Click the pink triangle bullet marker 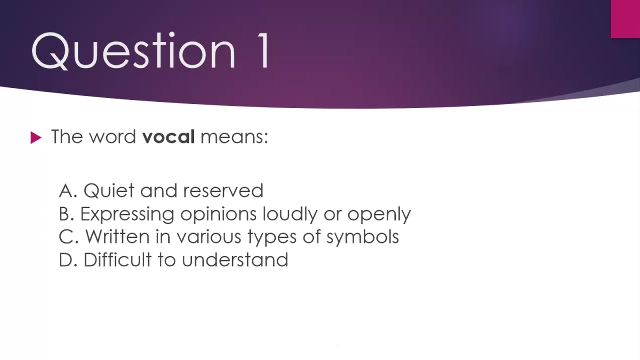(x=36, y=138)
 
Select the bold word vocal (x=168, y=137)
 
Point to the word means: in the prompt (x=234, y=137)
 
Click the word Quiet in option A (x=109, y=191)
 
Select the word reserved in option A (x=223, y=191)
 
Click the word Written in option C (x=117, y=237)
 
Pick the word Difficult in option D (x=117, y=260)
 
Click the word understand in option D (x=235, y=260)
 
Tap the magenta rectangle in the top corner (x=625, y=19)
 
